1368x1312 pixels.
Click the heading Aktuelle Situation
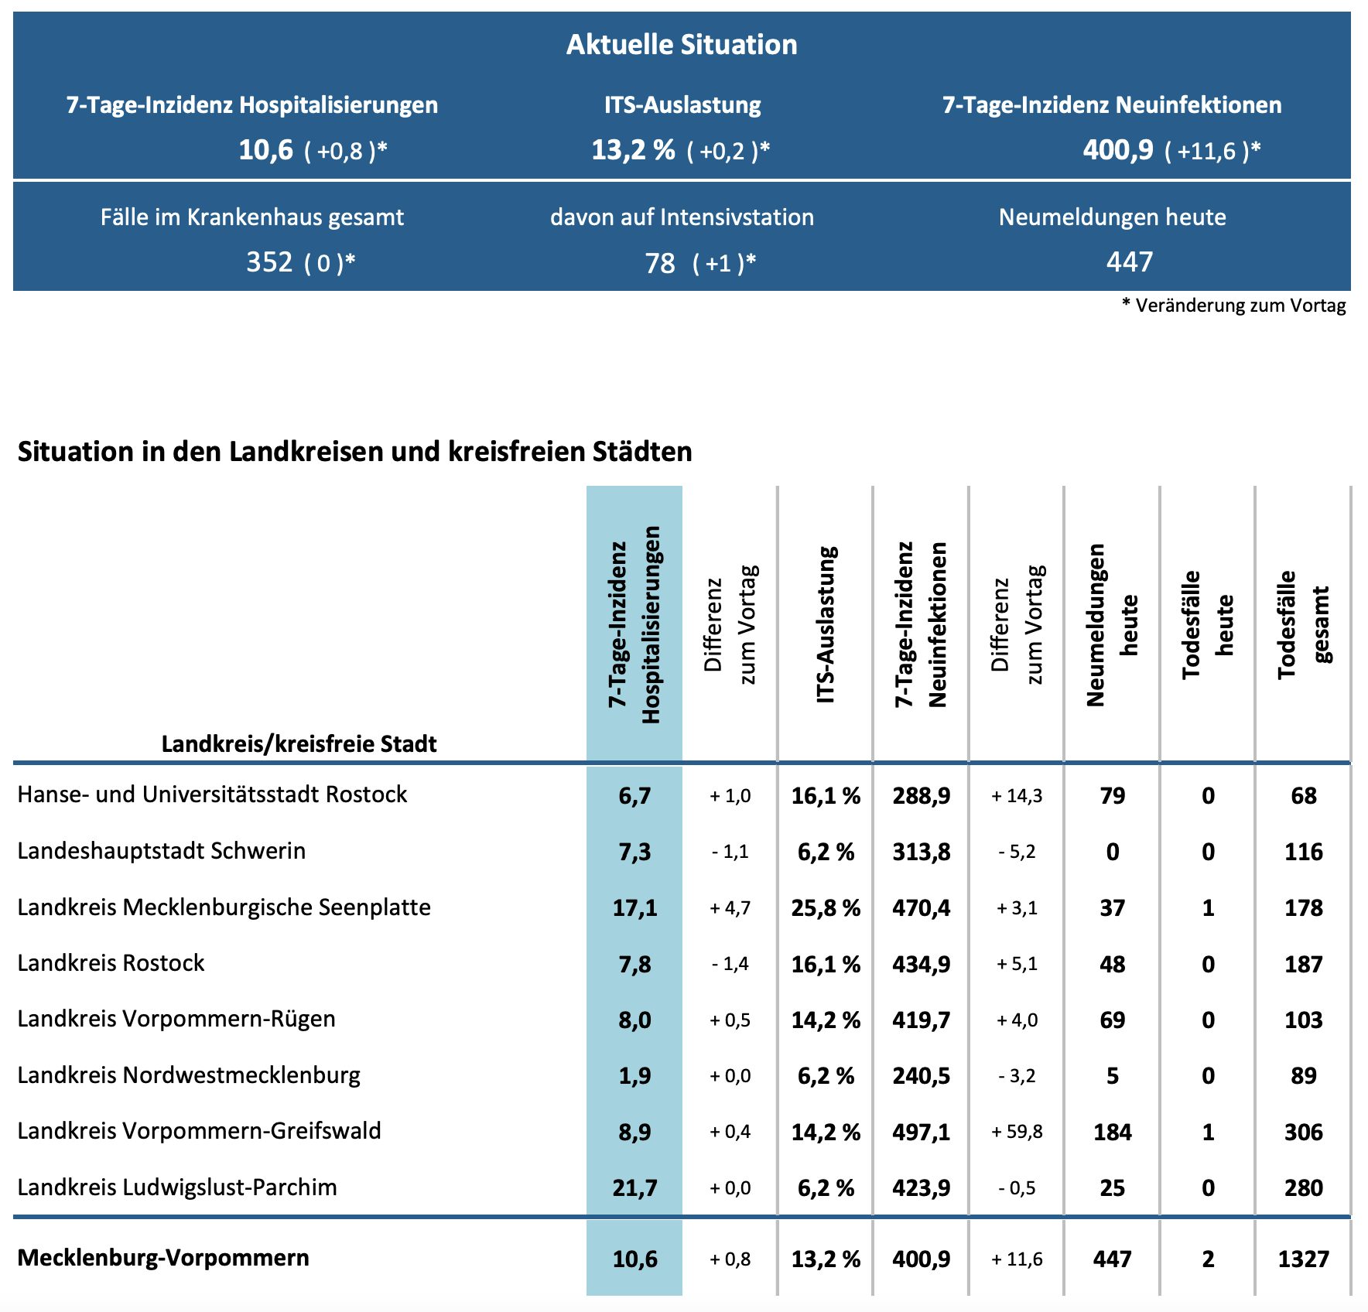(682, 45)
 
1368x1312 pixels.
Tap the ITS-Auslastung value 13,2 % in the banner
(633, 149)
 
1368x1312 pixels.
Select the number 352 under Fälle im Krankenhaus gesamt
(269, 262)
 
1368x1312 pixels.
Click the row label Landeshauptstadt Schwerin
(162, 851)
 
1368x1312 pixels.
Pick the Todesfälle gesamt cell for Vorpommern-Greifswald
(1303, 1132)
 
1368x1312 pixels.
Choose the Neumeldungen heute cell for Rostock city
(1112, 795)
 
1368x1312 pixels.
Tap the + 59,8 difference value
(1017, 1132)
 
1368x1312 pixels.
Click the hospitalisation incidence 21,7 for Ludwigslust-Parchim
(634, 1187)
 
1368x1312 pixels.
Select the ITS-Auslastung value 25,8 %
(826, 907)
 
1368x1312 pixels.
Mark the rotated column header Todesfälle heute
(1207, 625)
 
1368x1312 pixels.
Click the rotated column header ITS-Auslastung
(826, 625)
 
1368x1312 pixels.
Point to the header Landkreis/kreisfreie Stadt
(299, 744)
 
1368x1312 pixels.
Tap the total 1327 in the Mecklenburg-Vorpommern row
(1303, 1259)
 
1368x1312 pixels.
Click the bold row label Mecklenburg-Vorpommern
(163, 1258)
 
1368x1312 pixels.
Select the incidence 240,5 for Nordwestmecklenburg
(921, 1076)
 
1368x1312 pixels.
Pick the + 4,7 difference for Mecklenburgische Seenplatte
(730, 907)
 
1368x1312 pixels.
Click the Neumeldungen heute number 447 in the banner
(1130, 262)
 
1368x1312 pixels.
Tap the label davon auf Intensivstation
(682, 217)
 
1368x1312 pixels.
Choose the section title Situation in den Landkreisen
(354, 452)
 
